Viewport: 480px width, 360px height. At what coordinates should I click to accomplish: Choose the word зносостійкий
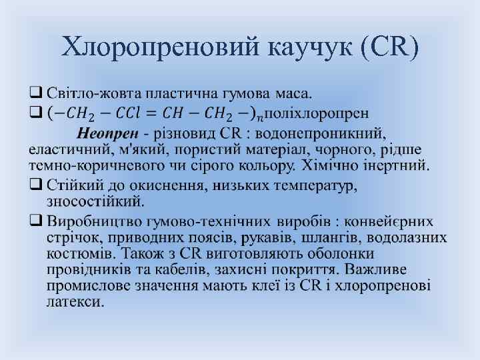click(95, 199)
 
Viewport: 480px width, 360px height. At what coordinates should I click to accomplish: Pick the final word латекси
click(75, 301)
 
